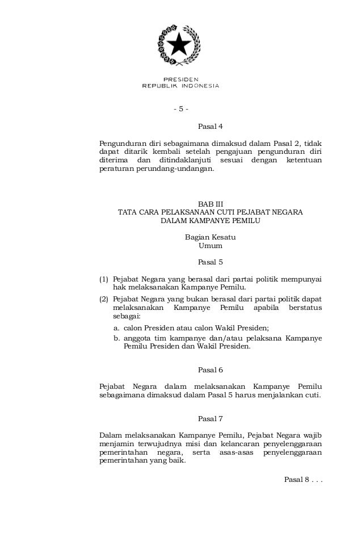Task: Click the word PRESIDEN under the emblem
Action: point(181,79)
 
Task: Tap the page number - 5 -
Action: point(181,109)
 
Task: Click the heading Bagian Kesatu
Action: point(210,237)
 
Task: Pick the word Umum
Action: point(210,246)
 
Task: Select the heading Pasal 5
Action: point(210,262)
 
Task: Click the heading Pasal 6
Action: point(210,370)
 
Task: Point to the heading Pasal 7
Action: point(210,419)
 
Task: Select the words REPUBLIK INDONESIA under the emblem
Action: point(180,86)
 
